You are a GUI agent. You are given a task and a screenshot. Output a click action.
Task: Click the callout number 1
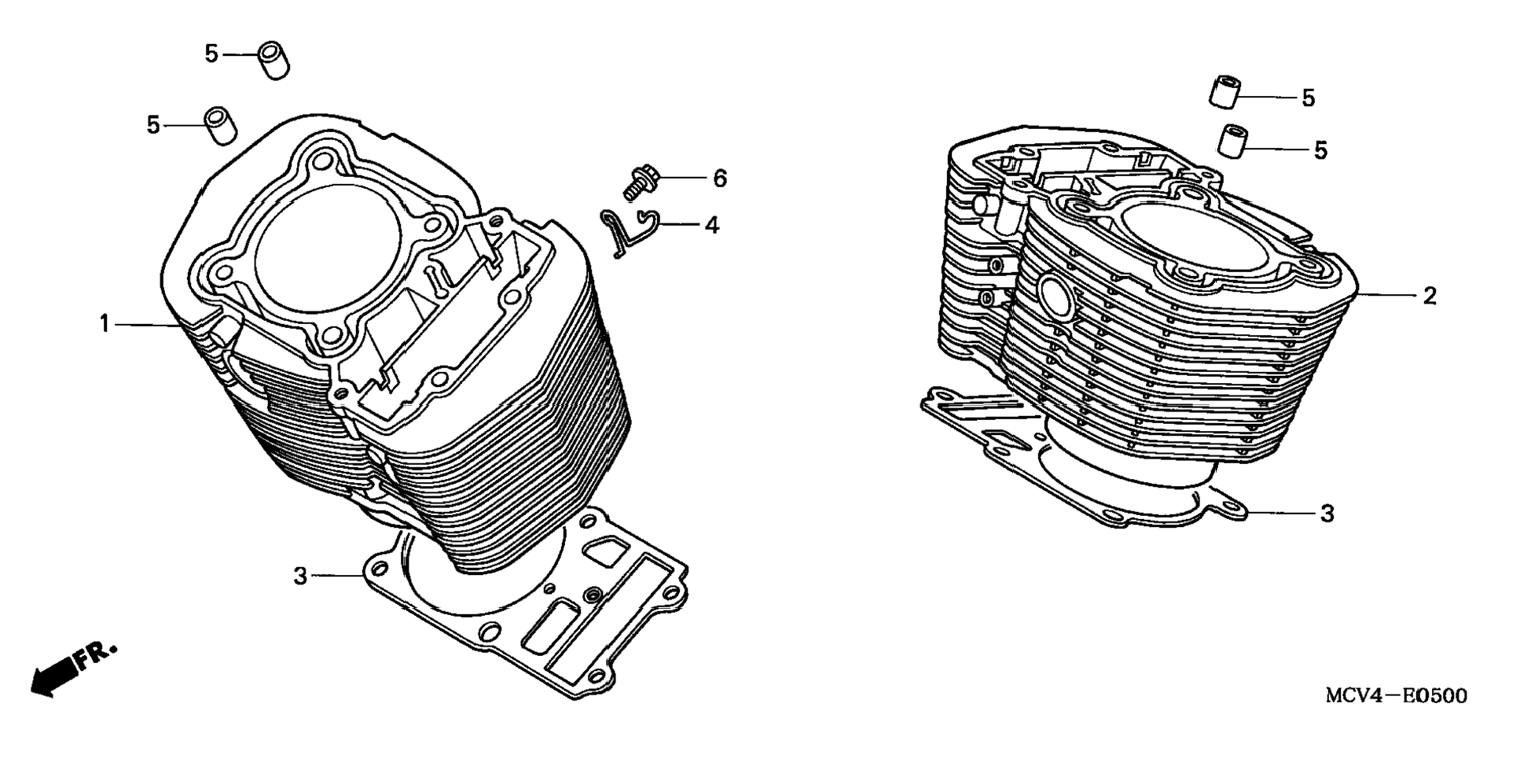pos(105,323)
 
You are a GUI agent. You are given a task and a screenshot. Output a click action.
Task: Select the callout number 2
pos(1430,296)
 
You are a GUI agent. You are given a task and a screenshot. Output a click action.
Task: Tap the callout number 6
pos(720,179)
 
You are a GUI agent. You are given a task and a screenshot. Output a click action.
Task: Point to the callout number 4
pos(712,226)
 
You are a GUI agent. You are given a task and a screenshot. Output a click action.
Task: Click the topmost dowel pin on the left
pos(274,61)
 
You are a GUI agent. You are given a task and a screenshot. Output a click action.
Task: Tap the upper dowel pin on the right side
pos(1224,91)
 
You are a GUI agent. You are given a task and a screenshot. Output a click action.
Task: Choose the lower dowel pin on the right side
pos(1233,141)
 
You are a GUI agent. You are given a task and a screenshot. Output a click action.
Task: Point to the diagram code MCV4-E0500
pos(1396,696)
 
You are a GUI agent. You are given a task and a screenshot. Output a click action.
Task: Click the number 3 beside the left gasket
pos(299,577)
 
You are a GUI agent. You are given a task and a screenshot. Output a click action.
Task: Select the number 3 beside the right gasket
pos(1327,514)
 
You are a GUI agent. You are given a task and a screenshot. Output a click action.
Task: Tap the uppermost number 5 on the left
pos(211,54)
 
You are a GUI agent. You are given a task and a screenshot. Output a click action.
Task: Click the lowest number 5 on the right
pos(1320,150)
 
